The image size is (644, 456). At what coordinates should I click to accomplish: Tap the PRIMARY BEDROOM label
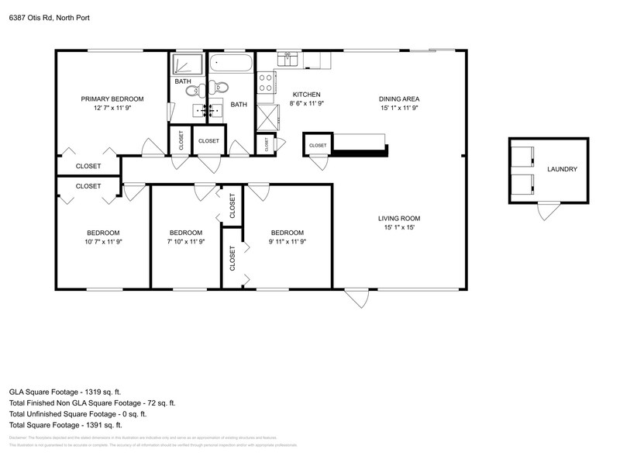(x=112, y=98)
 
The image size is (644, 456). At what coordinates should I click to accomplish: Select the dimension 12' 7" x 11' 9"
(x=112, y=109)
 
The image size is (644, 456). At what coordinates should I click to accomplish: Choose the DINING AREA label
(x=399, y=98)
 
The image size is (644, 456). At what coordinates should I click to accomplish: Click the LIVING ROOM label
(x=399, y=218)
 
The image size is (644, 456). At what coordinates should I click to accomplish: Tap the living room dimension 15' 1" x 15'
(x=399, y=228)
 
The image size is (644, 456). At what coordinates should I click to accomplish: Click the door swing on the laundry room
(x=549, y=209)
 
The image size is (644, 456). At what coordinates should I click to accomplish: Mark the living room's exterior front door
(x=357, y=298)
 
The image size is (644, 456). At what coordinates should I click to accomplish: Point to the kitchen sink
(x=289, y=59)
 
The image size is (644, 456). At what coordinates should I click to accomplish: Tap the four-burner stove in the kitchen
(x=266, y=79)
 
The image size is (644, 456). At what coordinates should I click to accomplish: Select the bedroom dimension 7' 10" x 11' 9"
(x=186, y=242)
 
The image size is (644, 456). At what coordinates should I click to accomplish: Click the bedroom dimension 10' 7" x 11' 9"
(x=103, y=242)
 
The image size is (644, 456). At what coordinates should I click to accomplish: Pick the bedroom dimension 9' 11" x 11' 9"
(x=287, y=242)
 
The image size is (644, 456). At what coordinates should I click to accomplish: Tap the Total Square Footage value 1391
(x=99, y=425)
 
